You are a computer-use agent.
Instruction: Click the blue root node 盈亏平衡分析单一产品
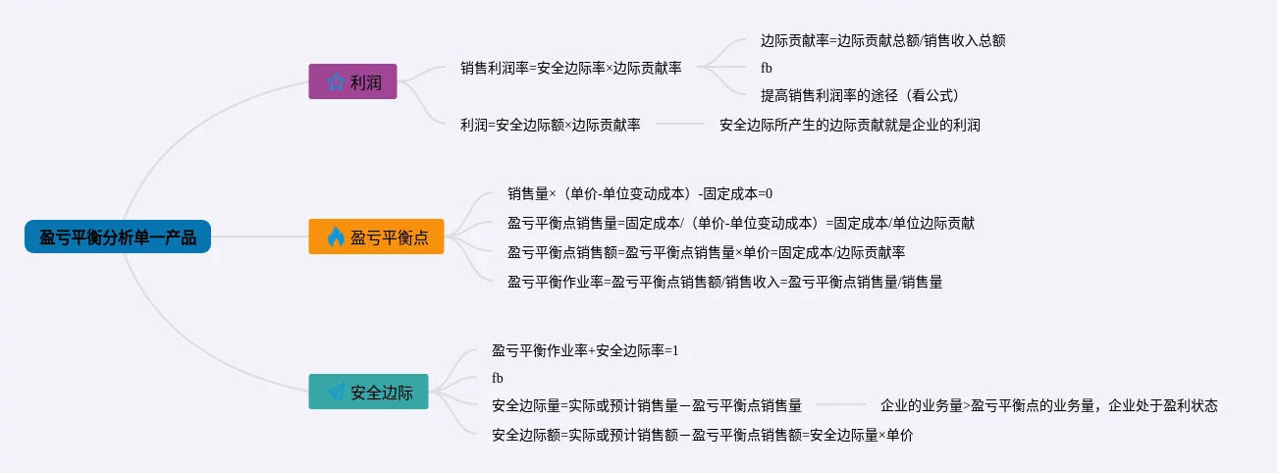point(118,236)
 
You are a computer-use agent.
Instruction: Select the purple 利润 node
point(352,81)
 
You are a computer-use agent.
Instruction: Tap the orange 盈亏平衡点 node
point(376,236)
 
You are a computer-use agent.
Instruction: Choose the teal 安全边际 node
point(368,392)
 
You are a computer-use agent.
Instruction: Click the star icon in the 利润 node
point(336,81)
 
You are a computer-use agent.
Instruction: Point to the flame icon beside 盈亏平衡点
point(336,236)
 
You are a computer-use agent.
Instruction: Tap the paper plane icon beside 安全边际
point(337,392)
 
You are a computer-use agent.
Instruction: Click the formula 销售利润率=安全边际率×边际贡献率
point(570,68)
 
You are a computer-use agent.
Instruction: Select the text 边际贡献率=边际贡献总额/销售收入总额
point(882,41)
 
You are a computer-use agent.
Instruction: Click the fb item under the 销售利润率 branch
point(767,68)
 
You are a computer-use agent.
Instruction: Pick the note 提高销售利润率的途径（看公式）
point(859,95)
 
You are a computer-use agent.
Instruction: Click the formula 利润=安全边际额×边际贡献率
point(550,125)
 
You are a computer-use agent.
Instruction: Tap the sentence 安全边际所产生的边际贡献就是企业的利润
point(849,125)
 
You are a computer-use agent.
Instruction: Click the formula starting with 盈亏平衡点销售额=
point(706,252)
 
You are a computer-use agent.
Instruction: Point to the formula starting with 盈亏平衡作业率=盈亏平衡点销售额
point(725,282)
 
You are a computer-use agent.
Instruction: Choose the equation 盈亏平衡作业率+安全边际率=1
point(585,350)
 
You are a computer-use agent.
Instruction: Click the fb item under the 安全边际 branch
point(498,378)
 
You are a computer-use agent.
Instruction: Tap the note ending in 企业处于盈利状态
point(1048,405)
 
